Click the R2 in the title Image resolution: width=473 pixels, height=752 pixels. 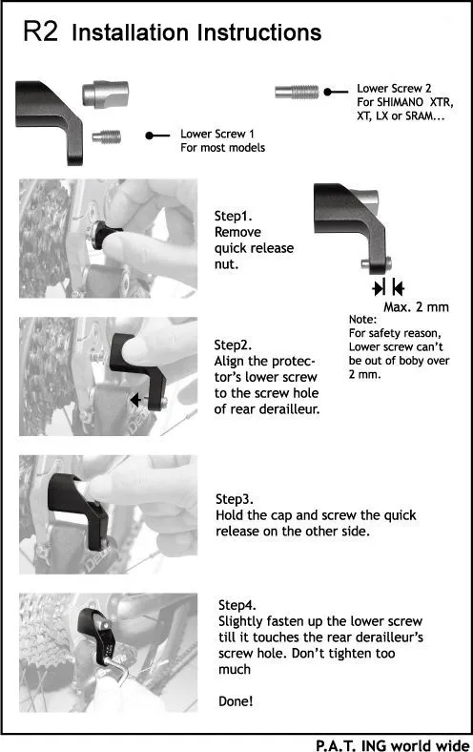coord(40,31)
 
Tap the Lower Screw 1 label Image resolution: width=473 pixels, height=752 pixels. coord(217,134)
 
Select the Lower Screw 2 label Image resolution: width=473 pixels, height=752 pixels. coord(394,88)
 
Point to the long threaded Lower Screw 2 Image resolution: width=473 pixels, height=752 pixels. coord(297,92)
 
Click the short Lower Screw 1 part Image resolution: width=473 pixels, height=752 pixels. coord(107,137)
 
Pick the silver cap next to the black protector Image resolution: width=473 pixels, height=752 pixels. coord(106,94)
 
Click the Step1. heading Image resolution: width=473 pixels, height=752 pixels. coord(234,216)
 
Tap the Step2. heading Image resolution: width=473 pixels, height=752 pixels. coord(233,345)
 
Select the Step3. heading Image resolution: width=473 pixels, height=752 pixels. coord(235,499)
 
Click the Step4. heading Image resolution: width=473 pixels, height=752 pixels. coord(237,605)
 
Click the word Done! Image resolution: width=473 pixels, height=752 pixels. coord(236,701)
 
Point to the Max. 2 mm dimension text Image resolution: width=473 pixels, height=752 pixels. coord(416,307)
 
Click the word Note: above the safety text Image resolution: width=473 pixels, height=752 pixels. coord(362,320)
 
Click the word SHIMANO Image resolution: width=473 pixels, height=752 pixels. coord(400,102)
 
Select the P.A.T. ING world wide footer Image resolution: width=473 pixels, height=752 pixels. coord(393,745)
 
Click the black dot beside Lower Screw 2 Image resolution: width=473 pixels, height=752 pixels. coord(328,92)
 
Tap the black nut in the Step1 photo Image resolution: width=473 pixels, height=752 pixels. coord(106,236)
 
